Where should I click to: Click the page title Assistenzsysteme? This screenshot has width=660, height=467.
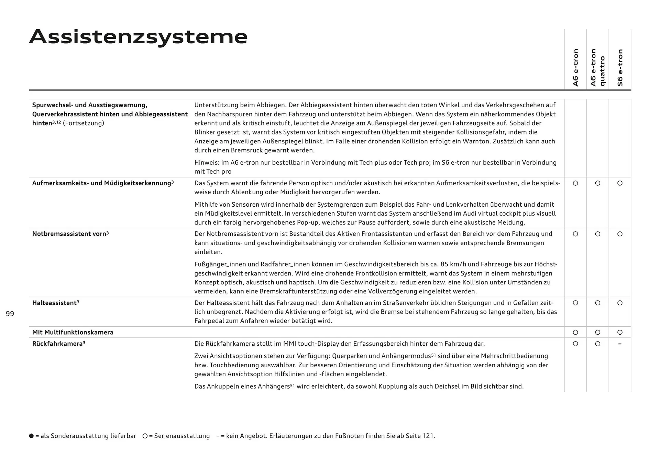(138, 37)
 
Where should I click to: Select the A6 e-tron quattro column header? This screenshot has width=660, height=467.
(597, 67)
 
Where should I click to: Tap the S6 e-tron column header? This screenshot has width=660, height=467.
(620, 68)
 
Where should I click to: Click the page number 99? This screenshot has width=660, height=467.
(10, 314)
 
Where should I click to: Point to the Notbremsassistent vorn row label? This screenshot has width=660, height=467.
(70, 234)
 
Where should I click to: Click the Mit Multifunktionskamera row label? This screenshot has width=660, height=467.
(73, 332)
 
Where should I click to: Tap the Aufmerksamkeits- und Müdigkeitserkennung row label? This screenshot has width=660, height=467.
(103, 183)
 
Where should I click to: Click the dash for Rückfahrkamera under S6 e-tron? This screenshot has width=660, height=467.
(620, 344)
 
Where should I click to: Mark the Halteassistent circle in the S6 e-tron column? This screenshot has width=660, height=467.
(620, 303)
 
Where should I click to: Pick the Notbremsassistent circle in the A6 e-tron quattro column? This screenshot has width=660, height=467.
(597, 234)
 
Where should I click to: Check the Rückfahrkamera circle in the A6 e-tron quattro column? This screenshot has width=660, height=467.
(597, 344)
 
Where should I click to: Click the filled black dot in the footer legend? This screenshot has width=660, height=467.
(32, 436)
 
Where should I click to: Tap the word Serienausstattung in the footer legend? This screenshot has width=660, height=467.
(182, 436)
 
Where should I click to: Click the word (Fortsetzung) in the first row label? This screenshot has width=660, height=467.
(84, 123)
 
